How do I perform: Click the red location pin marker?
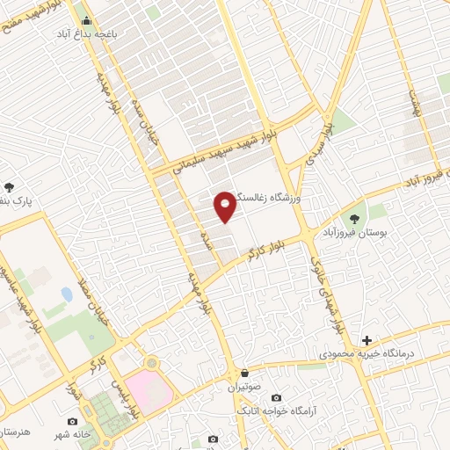click(x=225, y=205)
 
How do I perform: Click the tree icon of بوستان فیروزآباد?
click(x=355, y=219)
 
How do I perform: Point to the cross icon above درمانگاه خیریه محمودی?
click(x=367, y=340)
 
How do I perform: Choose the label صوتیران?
click(x=245, y=386)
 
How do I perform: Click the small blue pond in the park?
click(x=67, y=294)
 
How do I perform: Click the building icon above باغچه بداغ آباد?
click(x=85, y=18)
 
